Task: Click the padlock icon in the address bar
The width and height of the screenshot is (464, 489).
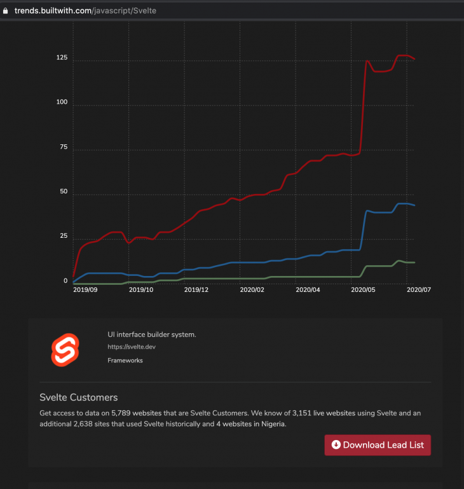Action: click(x=6, y=11)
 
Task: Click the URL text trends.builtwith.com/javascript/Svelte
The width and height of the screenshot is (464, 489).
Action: click(x=86, y=11)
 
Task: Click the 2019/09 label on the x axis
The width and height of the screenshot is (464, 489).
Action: click(x=85, y=289)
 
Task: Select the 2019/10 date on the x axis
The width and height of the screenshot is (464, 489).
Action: click(x=141, y=289)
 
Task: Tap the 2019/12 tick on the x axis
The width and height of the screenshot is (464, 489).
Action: click(x=196, y=289)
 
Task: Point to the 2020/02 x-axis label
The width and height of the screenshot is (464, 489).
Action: click(x=252, y=289)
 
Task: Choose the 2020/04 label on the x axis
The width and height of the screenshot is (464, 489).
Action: click(x=308, y=289)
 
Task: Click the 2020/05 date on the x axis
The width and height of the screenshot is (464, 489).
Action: click(x=364, y=289)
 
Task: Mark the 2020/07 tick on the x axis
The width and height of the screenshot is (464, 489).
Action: click(x=419, y=289)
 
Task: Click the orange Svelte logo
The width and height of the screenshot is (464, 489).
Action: click(x=66, y=349)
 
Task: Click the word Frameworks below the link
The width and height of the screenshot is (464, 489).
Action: click(x=125, y=361)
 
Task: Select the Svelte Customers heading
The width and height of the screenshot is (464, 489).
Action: click(x=78, y=397)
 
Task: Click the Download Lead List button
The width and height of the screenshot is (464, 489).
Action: click(x=378, y=445)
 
